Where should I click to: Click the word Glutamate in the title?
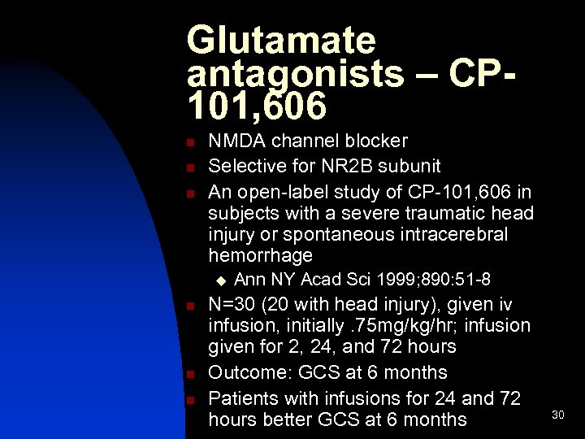(281, 40)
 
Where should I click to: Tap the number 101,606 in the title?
(257, 105)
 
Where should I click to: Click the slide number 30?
(557, 415)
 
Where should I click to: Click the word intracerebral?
(455, 234)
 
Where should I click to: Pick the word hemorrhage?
(260, 255)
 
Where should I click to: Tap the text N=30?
(234, 304)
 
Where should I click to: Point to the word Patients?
(241, 398)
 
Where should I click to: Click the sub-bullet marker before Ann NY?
(219, 281)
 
